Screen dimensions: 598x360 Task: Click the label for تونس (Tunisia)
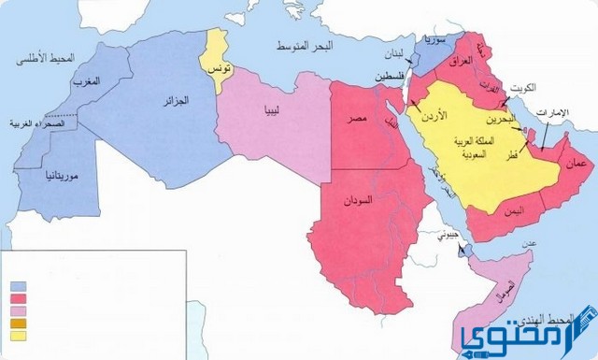220,71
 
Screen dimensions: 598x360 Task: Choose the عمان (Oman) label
572,164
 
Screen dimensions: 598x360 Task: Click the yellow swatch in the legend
18,336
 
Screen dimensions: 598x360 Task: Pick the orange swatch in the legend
18,324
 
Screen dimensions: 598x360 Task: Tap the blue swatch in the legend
18,286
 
